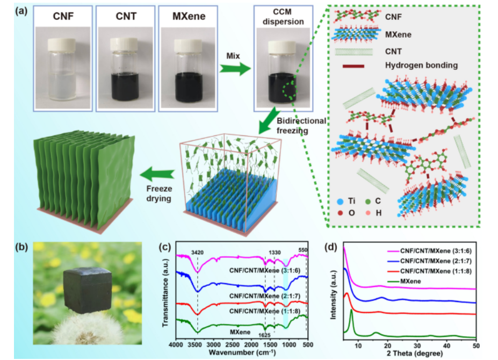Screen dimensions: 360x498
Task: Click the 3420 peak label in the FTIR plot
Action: tap(197, 250)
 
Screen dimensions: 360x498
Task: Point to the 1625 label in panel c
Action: tap(264, 335)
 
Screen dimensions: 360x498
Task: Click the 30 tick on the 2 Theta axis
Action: tap(417, 344)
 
